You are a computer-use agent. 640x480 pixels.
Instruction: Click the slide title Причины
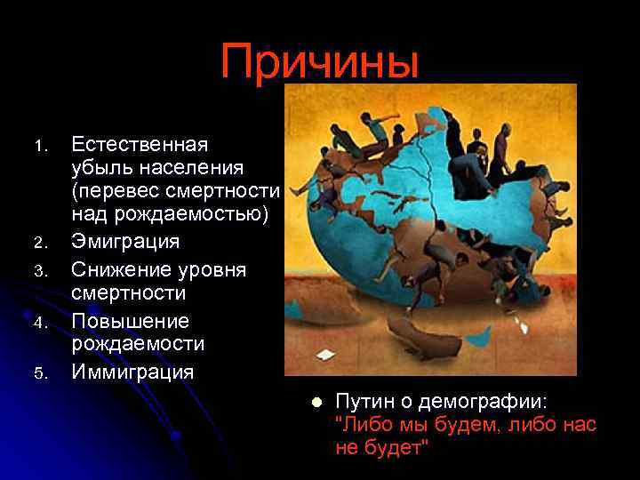tap(320, 61)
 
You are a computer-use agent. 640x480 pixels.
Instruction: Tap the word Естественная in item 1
tap(140, 144)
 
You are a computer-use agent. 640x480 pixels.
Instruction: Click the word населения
tap(200, 167)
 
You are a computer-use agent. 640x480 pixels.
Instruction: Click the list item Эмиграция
tap(125, 241)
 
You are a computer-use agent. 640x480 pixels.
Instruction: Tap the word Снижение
tap(121, 268)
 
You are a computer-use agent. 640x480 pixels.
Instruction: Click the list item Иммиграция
tap(132, 372)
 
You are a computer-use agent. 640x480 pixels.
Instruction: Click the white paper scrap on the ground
tap(328, 355)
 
